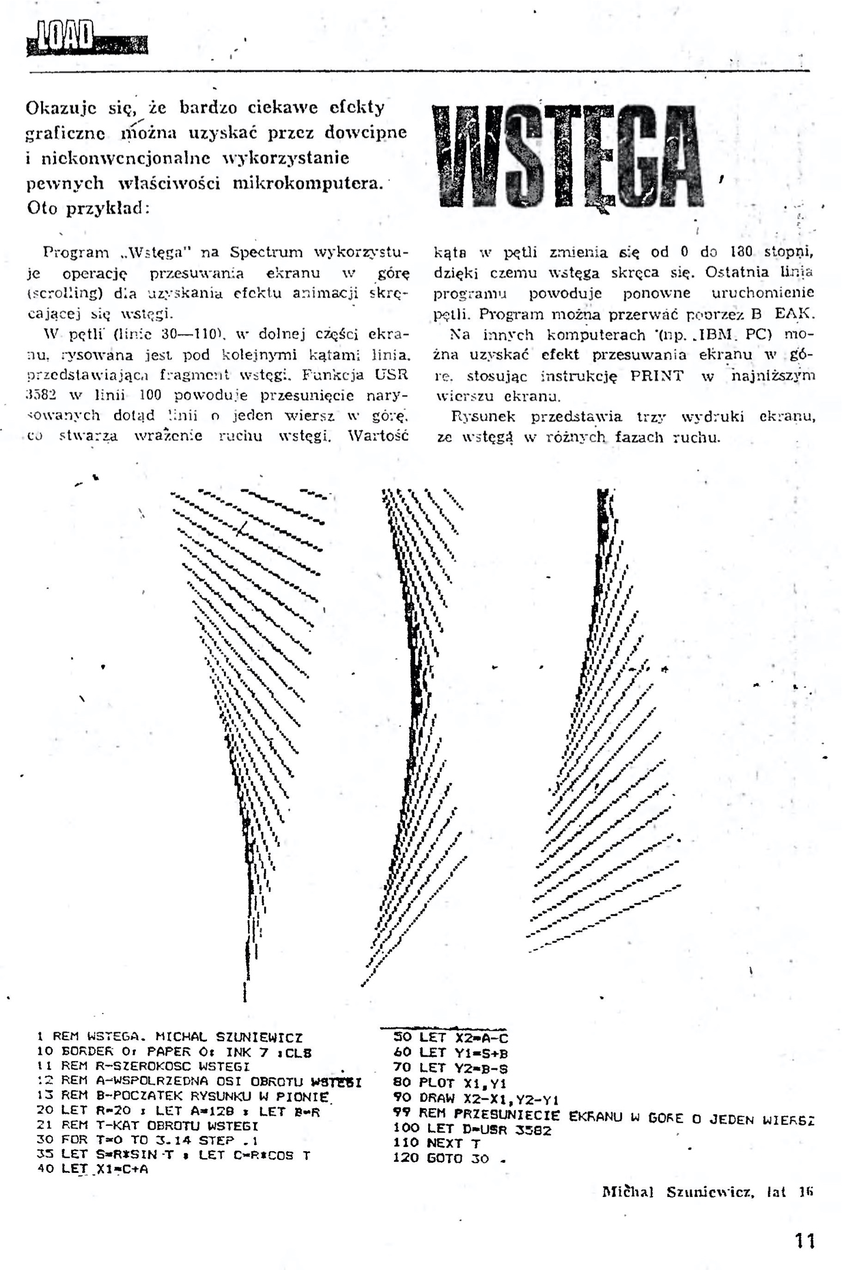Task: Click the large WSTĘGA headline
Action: (567, 156)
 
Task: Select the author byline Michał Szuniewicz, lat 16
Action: (707, 1192)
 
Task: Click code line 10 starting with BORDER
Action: (174, 1052)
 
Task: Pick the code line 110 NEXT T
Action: (436, 1143)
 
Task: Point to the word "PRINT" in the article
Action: (657, 376)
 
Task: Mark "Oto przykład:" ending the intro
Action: (88, 209)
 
